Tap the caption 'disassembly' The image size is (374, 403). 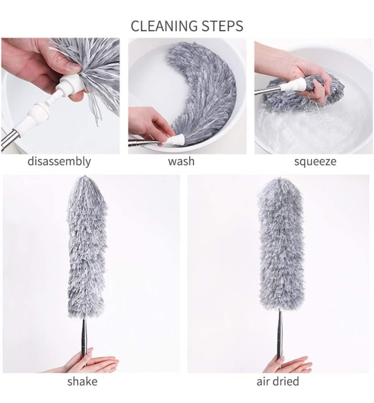pos(60,162)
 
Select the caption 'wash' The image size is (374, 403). pos(181,162)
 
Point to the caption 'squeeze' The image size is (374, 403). pos(315,162)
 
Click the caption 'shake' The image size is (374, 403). pos(82,381)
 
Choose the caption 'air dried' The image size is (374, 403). pos(278,381)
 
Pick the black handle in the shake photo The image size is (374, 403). pos(84,338)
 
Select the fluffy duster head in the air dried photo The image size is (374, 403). pos(280,242)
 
